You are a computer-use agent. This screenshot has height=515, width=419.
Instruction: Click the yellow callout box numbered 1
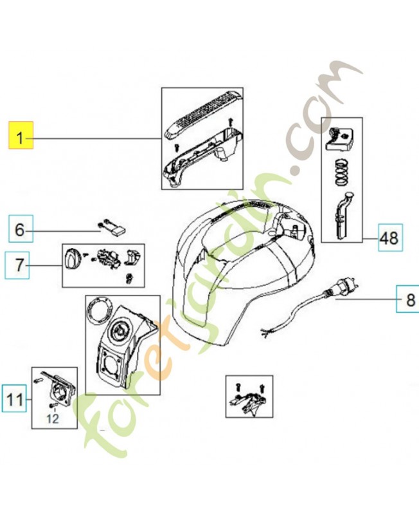(x=21, y=135)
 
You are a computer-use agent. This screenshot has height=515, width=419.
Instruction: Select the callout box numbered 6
(x=21, y=229)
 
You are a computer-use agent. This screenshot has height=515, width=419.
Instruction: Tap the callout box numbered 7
(x=17, y=265)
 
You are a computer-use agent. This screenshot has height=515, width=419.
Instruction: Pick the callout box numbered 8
(x=407, y=299)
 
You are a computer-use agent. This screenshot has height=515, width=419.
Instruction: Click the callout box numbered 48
(x=391, y=238)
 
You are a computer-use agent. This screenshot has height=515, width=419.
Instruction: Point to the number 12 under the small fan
(x=52, y=418)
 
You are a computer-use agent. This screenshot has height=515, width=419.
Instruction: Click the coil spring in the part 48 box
(x=343, y=171)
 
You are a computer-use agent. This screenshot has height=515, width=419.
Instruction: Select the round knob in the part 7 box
(x=72, y=259)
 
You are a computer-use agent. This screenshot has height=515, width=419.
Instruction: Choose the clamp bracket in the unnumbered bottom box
(x=250, y=401)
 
